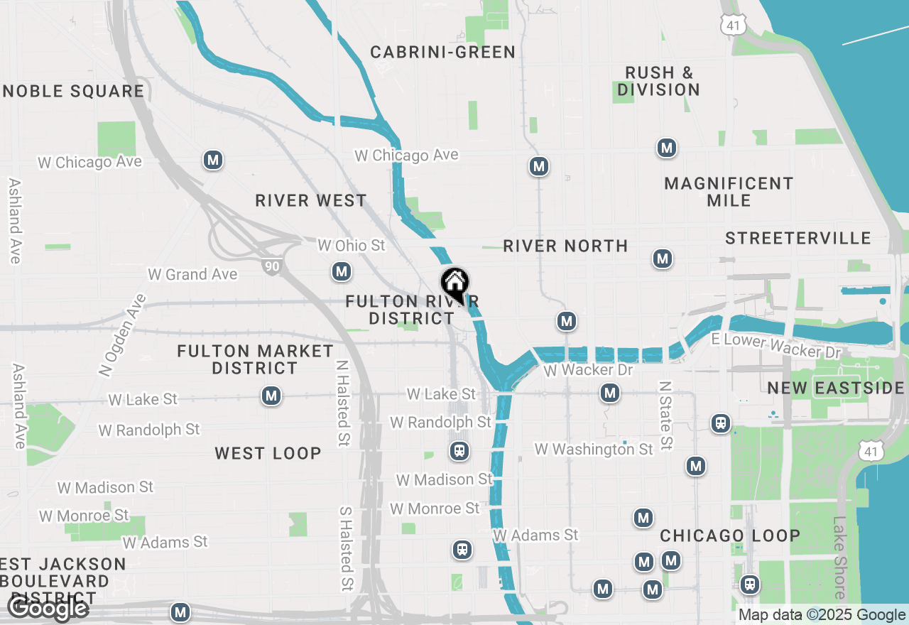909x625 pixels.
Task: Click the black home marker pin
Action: click(454, 285)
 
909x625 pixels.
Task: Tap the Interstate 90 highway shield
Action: click(273, 266)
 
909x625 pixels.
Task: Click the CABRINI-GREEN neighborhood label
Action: click(443, 52)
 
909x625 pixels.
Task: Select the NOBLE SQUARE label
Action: click(74, 91)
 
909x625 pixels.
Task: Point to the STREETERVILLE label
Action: click(798, 238)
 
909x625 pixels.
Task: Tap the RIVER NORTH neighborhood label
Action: click(565, 246)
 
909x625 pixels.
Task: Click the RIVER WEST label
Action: click(311, 200)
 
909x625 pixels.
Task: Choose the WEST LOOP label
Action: click(268, 453)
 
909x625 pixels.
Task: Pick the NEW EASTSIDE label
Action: click(836, 388)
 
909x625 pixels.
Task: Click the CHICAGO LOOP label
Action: click(730, 536)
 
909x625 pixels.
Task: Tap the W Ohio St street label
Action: click(351, 246)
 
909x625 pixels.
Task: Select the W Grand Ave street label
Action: click(192, 274)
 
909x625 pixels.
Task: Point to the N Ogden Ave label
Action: click(122, 335)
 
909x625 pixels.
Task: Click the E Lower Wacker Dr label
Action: click(775, 346)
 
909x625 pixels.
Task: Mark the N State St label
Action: click(665, 415)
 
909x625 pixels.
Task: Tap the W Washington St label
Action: click(594, 449)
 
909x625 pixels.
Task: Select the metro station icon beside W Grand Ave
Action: click(342, 271)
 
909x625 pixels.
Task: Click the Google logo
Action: click(48, 607)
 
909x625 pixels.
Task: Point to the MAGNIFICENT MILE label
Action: click(729, 192)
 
